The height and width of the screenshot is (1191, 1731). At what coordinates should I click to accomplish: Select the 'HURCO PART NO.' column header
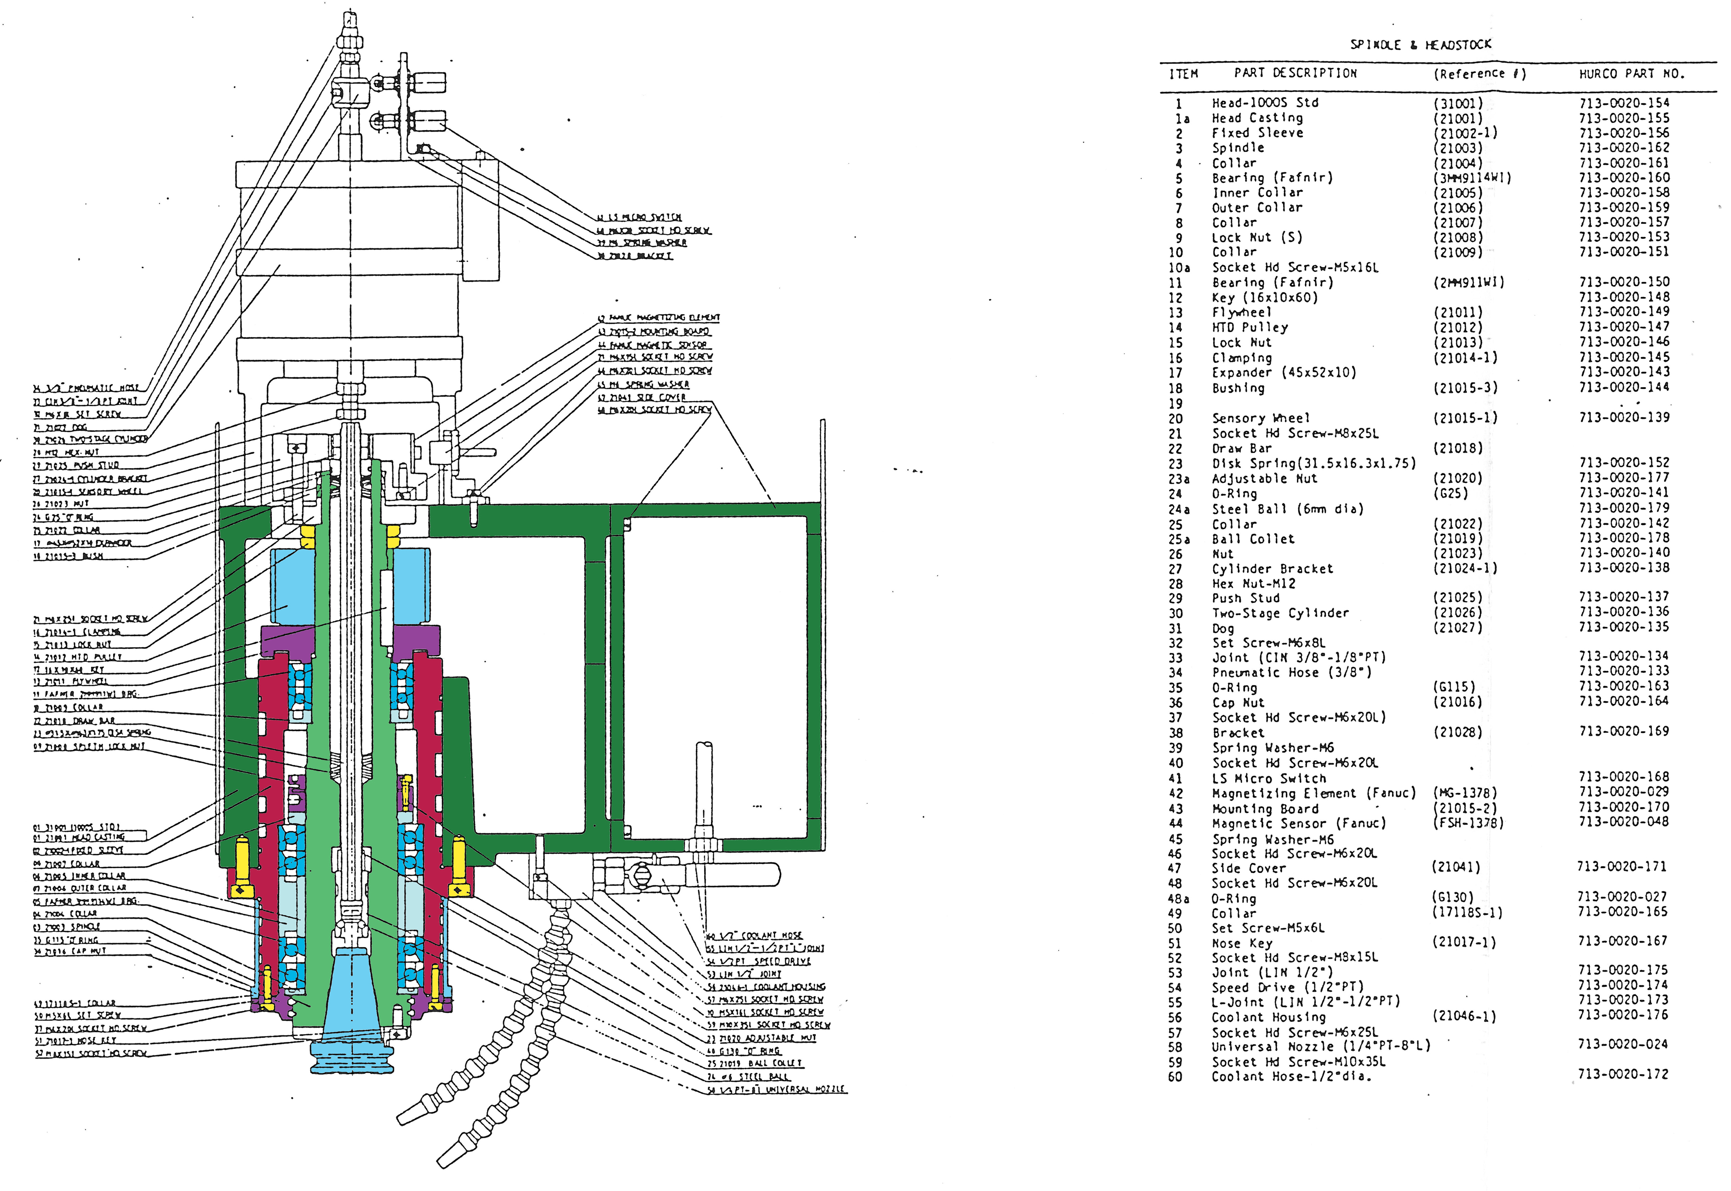click(1631, 74)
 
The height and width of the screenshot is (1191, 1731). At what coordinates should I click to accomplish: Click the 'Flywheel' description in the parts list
click(1242, 313)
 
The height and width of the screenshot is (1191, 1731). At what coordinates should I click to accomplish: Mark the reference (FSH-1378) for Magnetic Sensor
click(1467, 823)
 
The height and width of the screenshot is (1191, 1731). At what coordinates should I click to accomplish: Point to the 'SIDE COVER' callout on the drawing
click(642, 397)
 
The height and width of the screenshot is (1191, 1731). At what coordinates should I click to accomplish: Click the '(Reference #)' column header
click(1479, 74)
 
